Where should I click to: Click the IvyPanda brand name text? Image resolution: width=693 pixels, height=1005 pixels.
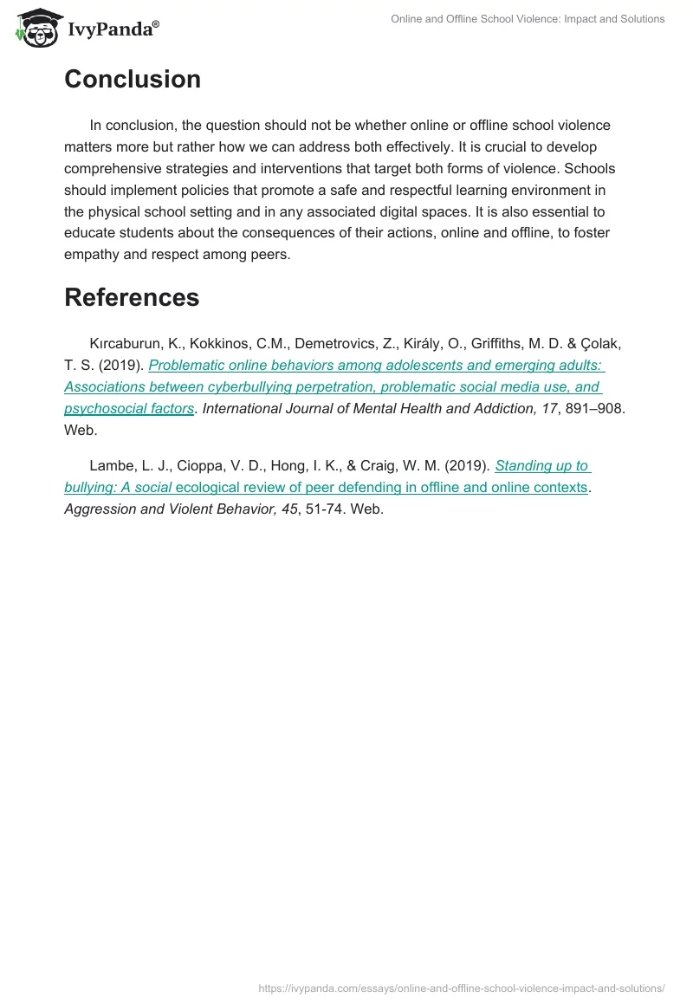click(x=112, y=29)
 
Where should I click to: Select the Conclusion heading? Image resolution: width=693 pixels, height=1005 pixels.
click(x=133, y=79)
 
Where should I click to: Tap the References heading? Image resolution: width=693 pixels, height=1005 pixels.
click(x=132, y=297)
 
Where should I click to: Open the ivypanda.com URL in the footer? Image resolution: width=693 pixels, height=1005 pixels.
click(x=462, y=988)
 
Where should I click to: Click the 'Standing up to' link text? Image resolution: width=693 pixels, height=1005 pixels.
click(x=542, y=466)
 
